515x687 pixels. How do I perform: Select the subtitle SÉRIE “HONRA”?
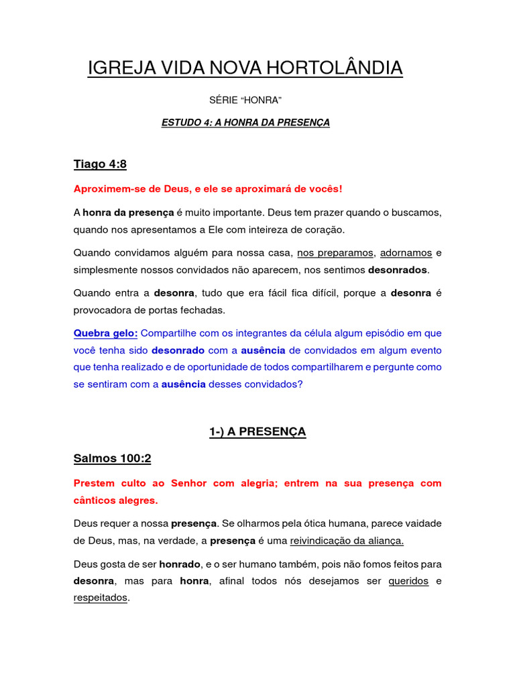click(245, 100)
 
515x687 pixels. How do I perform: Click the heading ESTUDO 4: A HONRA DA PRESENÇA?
click(245, 123)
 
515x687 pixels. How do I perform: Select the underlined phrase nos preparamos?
click(335, 253)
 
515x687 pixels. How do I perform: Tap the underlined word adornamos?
click(406, 253)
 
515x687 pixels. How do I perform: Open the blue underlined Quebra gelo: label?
click(105, 333)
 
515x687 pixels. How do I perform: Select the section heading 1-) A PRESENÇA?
click(257, 432)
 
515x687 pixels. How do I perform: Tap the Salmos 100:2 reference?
click(112, 459)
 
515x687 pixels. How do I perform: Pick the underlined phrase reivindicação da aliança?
click(347, 541)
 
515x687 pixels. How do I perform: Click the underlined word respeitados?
click(100, 598)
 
